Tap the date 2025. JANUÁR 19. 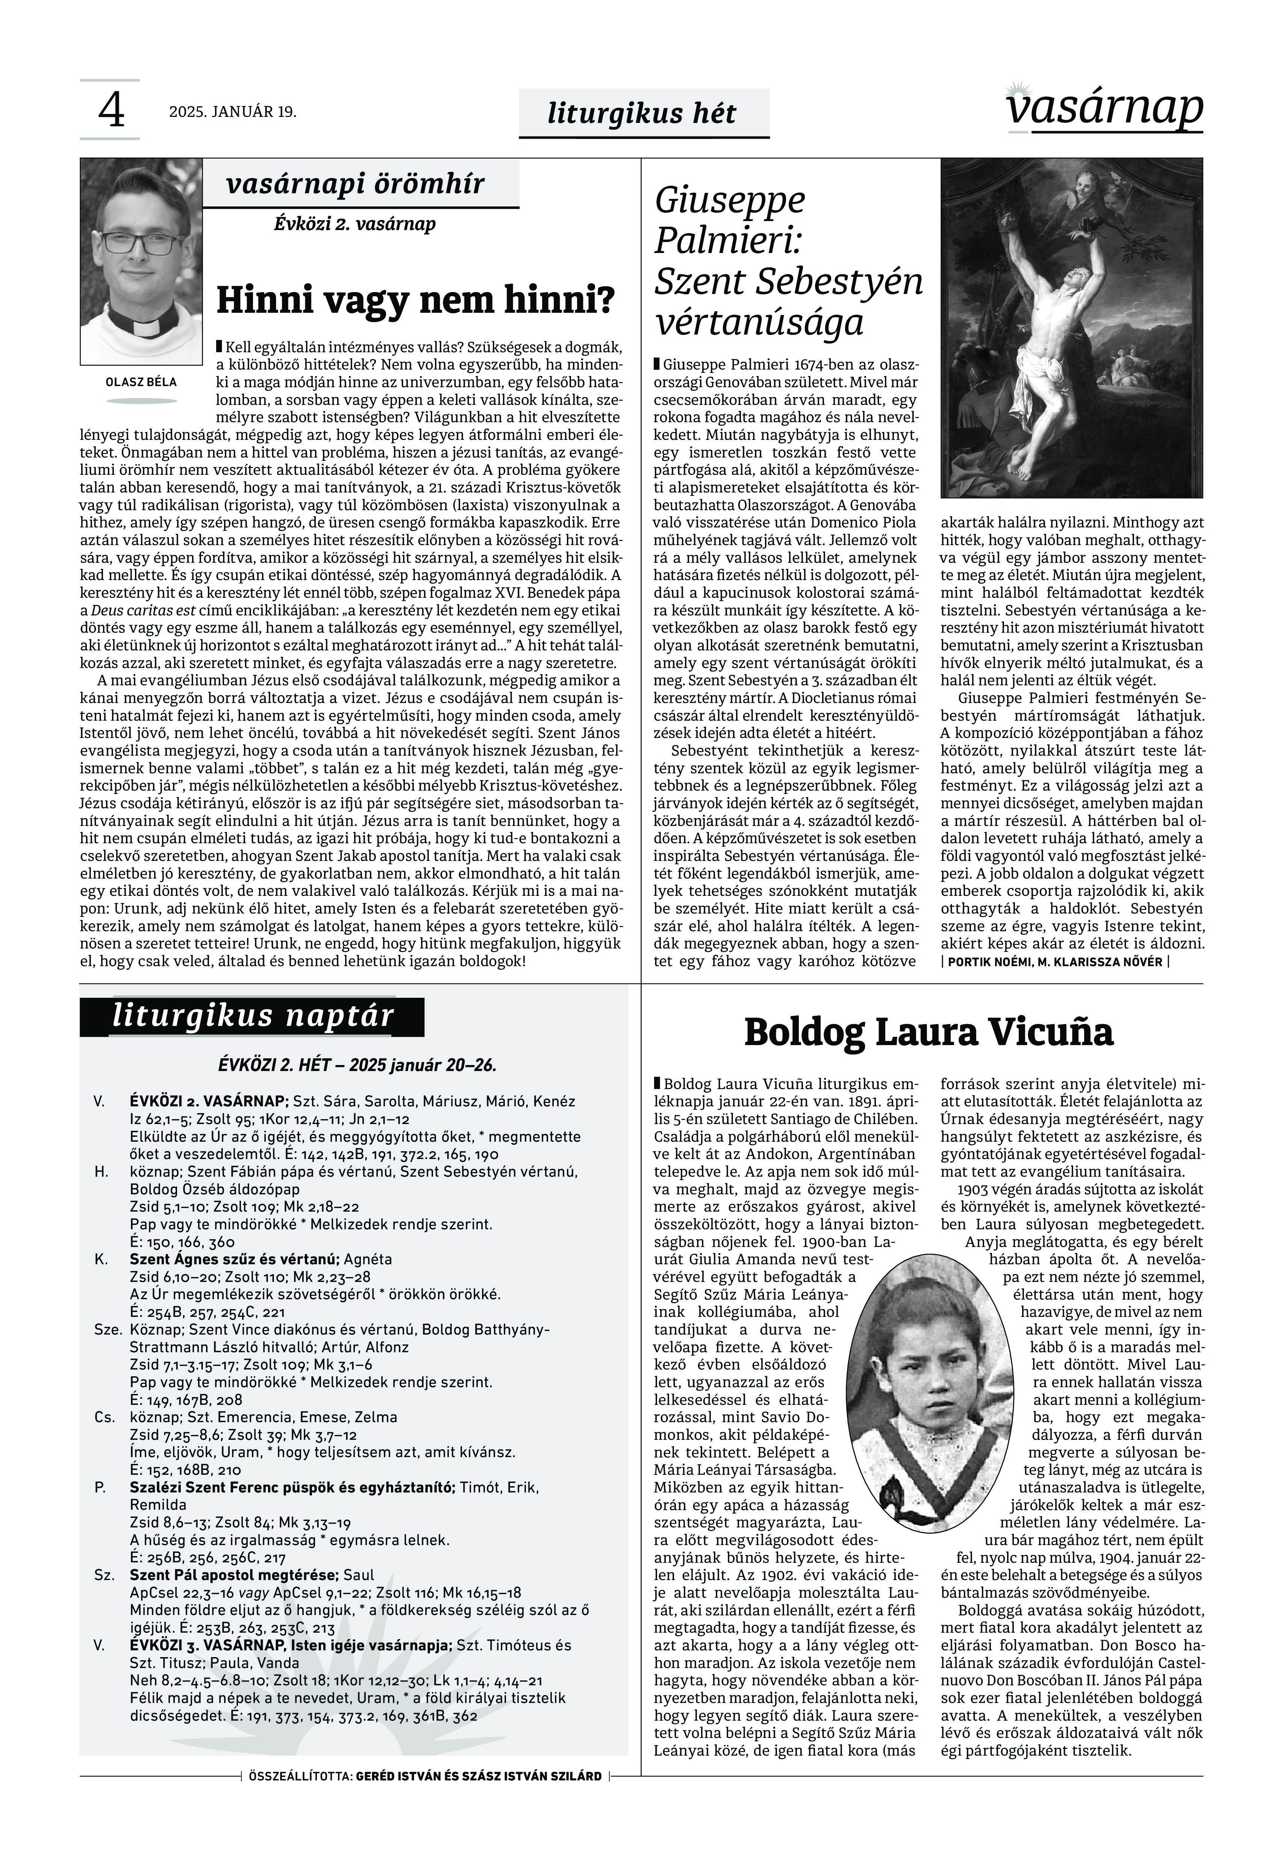(x=232, y=112)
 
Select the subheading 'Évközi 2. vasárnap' (x=354, y=223)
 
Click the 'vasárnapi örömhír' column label (x=355, y=184)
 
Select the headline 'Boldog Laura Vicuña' (x=929, y=1033)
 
